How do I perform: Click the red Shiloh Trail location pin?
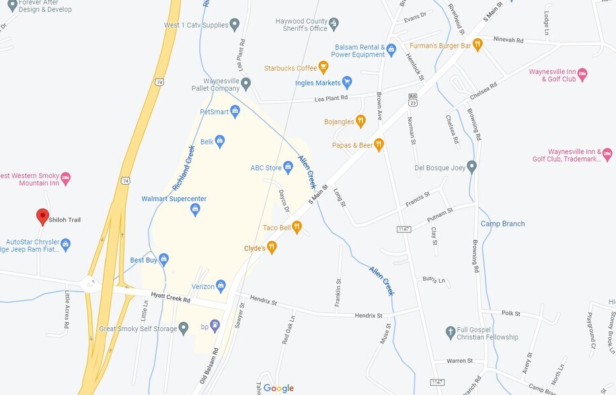42,216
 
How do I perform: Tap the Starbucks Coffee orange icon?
323,67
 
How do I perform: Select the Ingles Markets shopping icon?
347,83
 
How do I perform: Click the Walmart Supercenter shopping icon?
195,210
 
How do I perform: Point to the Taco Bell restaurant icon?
297,228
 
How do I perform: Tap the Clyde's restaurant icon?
272,248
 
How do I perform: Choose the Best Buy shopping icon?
163,259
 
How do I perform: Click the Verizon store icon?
221,286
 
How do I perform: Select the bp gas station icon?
215,326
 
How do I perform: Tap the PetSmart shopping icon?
235,111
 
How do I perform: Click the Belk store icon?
219,141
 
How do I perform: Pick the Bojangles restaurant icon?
360,121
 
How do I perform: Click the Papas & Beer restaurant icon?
379,144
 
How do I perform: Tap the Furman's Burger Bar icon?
477,45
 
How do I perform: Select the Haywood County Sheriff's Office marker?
334,24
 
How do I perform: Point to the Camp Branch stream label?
502,224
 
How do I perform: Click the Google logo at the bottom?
278,388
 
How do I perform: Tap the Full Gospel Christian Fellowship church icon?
451,333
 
